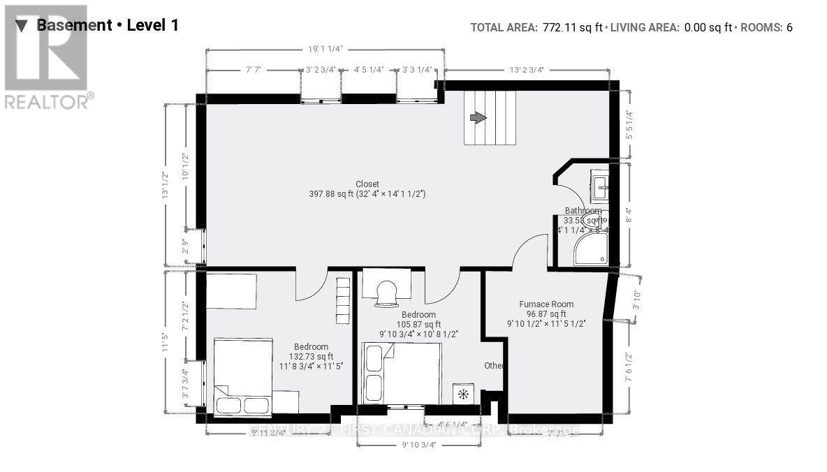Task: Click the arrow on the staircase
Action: coord(478,118)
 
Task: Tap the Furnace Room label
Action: coord(546,304)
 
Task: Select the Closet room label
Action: coord(367,184)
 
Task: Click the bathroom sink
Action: coord(601,184)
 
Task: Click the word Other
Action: coord(495,366)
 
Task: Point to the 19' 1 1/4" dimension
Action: coord(325,50)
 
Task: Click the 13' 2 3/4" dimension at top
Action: coord(526,70)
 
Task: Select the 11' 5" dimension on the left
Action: coord(166,343)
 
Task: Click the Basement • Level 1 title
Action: coord(107,26)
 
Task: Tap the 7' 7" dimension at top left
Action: coord(253,70)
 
